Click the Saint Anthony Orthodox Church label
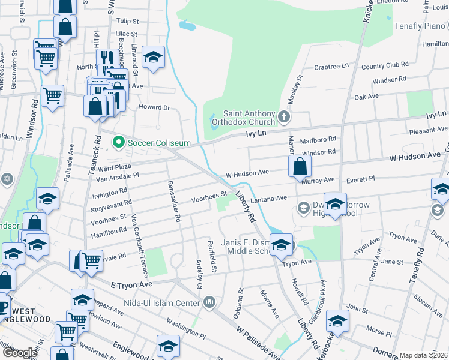pos(249,117)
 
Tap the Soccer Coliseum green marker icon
pos(118,143)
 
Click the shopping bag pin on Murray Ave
pos(299,167)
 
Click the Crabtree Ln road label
pos(331,66)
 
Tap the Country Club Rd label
pos(385,65)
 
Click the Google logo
pos(20,353)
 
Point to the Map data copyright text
pos(423,355)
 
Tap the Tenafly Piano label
pos(419,26)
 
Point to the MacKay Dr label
pos(297,84)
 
